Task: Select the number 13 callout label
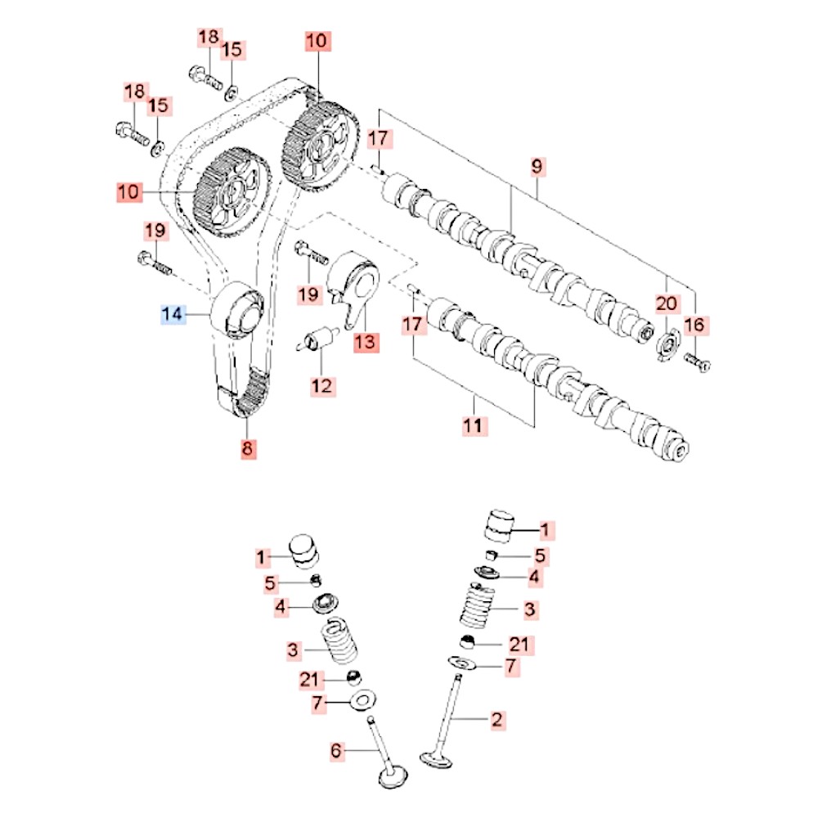click(x=365, y=342)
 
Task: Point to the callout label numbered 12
click(x=322, y=384)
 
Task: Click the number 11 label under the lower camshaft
click(x=475, y=425)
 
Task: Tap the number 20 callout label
click(x=667, y=303)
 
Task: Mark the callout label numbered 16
click(x=694, y=326)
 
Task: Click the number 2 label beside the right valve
click(x=497, y=720)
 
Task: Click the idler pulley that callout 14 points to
click(x=237, y=308)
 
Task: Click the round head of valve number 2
click(x=435, y=758)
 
